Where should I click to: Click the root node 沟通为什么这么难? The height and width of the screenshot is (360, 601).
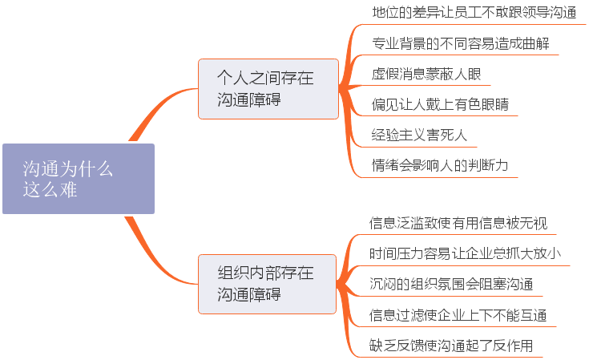78,179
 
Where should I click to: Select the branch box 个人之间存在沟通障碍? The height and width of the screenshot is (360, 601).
268,89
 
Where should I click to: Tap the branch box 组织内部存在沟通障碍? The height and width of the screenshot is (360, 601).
268,283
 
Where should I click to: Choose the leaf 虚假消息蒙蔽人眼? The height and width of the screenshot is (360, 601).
426,74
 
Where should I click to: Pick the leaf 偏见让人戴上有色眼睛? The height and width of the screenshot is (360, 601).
440,104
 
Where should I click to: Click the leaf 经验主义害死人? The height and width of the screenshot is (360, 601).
419,135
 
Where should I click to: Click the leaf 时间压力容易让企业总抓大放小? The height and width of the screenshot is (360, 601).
465,253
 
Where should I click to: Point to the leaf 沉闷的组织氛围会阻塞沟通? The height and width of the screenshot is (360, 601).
451,285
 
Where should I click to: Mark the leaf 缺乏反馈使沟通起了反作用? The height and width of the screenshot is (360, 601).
451,346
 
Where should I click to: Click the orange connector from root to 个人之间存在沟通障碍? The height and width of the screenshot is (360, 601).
159,111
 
